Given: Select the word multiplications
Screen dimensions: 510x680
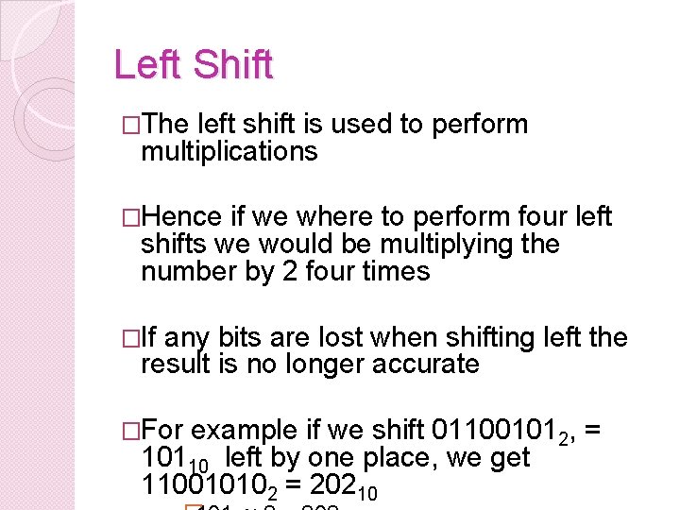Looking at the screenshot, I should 229,151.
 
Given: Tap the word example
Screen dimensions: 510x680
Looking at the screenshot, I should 244,430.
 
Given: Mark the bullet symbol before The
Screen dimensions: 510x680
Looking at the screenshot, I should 132,125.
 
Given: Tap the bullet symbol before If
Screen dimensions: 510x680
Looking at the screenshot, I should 132,338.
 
